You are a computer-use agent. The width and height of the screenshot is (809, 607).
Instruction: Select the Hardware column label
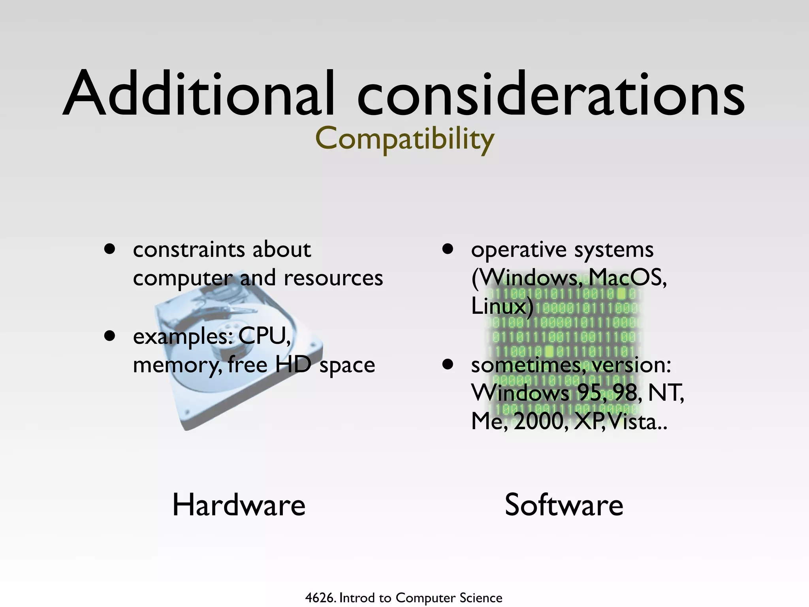coord(239,505)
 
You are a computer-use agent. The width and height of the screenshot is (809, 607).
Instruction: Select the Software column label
coord(564,505)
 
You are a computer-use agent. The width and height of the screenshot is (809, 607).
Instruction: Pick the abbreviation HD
coord(293,364)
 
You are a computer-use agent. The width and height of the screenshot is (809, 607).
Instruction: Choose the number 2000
coord(540,421)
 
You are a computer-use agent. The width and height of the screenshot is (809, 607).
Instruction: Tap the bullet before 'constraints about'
coord(109,249)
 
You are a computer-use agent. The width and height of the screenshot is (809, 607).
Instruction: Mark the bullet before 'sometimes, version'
coord(448,364)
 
